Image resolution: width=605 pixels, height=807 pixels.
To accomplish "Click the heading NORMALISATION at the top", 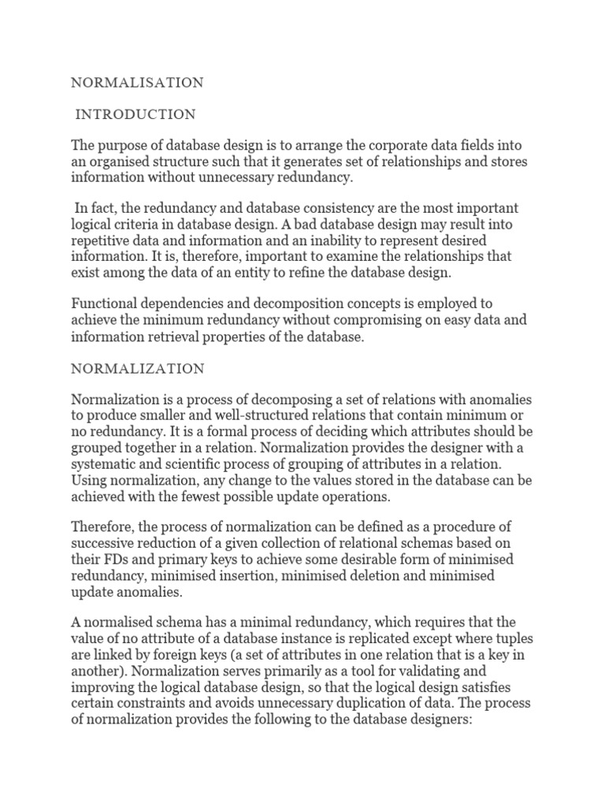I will pos(138,82).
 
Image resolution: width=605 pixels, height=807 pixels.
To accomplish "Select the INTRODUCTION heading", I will pos(135,115).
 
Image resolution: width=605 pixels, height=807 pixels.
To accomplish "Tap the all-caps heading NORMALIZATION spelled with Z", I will pos(138,368).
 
